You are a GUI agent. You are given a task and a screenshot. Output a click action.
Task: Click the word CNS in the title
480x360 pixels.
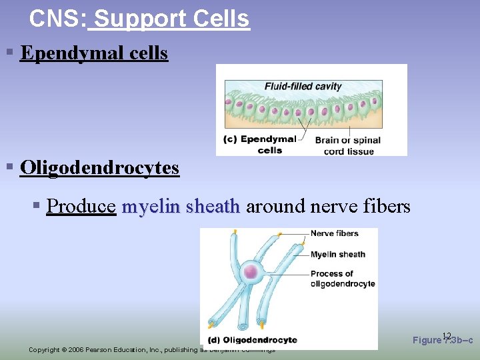coord(55,19)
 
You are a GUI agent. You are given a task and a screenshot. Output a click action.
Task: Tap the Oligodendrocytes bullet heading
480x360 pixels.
coord(99,167)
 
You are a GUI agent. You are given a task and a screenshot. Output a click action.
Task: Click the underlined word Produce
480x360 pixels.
coord(82,207)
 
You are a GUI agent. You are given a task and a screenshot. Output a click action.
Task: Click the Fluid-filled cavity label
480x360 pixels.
coord(303,86)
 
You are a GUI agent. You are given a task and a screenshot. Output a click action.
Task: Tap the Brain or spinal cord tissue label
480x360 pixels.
coord(347,145)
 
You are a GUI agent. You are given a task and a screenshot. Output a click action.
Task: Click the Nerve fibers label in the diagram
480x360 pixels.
coord(334,233)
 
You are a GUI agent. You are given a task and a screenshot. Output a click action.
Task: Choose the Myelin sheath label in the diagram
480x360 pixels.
coord(338,254)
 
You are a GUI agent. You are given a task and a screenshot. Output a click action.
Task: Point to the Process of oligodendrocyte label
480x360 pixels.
coord(343,279)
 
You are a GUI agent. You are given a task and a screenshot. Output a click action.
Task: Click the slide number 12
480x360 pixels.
coord(447,335)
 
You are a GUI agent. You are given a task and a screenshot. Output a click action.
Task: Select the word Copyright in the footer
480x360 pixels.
coord(44,350)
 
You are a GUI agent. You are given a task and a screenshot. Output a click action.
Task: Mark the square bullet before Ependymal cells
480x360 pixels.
coord(10,52)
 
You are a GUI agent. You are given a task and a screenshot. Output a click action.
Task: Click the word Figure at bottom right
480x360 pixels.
coord(427,340)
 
